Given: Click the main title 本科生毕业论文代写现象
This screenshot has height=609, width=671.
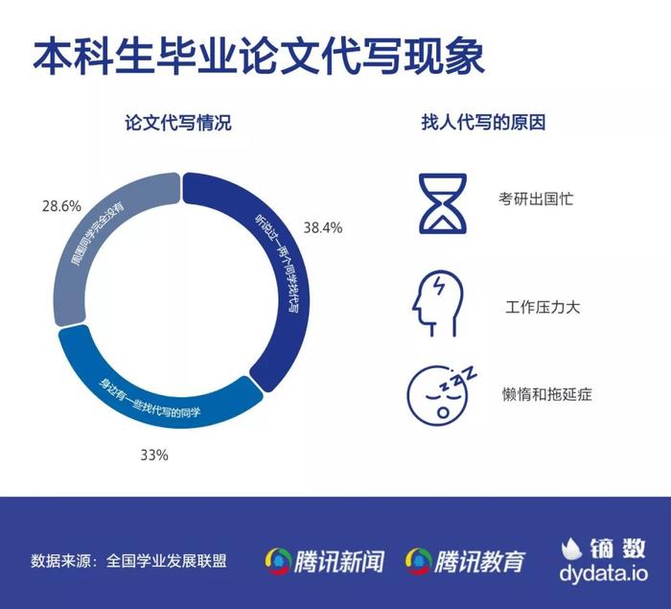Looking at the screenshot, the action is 259,56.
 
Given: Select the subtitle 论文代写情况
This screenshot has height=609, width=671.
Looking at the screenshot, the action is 178,123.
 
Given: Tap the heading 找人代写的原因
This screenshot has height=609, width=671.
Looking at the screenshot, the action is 483,123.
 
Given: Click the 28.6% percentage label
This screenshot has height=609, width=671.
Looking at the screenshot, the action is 61,206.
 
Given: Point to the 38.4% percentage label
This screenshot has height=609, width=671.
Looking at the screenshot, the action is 323,227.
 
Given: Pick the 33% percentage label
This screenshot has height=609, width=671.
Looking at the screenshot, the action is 154,455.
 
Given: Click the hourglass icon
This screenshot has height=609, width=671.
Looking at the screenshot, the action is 443,203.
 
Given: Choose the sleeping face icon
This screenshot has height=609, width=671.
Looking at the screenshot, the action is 441,393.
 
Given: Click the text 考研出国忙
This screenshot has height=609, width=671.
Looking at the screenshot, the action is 536,199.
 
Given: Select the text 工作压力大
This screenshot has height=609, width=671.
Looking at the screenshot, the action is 543,307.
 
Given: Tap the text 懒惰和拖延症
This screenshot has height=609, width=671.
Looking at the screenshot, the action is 547,394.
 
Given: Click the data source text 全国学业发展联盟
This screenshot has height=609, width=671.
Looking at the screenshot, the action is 167,561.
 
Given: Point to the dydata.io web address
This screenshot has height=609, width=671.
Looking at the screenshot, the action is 603,574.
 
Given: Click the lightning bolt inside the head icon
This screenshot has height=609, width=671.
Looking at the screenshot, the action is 438,286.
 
